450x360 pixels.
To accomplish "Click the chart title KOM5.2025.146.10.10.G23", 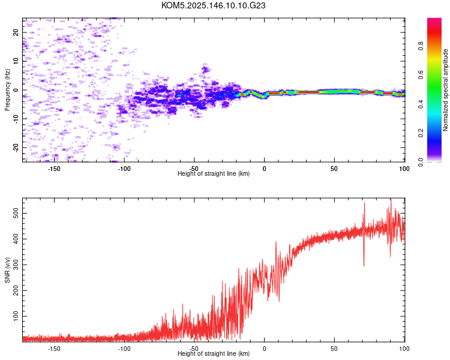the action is point(213,5).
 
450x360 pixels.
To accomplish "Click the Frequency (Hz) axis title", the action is point(7,90).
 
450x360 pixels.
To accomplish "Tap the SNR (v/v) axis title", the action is point(7,270).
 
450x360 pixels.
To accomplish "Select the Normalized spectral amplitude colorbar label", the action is point(445,90).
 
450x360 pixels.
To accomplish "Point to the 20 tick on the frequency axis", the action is point(16,32).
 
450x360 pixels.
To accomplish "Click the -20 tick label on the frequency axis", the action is point(16,148).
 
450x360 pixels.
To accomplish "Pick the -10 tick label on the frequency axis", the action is point(16,119).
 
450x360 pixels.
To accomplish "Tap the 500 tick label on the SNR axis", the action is point(16,214).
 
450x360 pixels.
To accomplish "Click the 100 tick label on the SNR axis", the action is point(16,316).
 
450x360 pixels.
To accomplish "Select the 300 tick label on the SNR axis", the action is point(16,265).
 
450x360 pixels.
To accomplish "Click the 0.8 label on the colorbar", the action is point(421,46).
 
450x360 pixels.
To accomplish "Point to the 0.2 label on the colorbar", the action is point(421,133).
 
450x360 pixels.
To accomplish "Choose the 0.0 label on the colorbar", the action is point(421,162).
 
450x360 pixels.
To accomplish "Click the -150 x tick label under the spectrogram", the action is point(53,169).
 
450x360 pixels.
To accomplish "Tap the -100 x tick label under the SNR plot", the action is point(124,349).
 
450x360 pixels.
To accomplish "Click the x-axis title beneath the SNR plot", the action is point(214,353).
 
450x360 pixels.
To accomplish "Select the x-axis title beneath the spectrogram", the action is point(214,173).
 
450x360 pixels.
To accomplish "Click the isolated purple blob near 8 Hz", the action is point(205,69).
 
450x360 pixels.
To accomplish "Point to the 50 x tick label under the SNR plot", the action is point(334,349).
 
